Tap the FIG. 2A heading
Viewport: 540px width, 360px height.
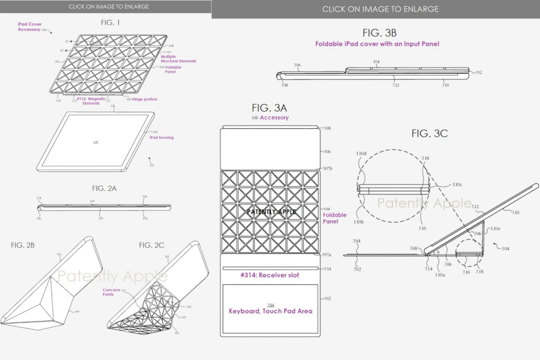pos(105,188)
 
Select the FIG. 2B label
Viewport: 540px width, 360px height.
pos(23,245)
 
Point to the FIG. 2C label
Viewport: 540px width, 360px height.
pos(151,245)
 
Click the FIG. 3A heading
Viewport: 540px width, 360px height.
pos(270,108)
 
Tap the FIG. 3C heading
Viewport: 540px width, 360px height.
pos(429,133)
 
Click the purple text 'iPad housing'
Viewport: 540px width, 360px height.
pos(162,137)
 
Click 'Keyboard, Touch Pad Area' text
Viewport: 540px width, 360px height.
pos(270,311)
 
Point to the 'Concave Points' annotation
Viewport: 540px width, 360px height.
pos(111,292)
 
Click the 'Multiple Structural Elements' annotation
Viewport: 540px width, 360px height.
pos(179,59)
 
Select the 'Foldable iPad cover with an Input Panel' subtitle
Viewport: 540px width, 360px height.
pos(377,44)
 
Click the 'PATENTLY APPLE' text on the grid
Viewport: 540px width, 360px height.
pos(271,212)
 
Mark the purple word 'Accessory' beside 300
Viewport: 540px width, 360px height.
pos(274,117)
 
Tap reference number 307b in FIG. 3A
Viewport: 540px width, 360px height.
pos(328,168)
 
